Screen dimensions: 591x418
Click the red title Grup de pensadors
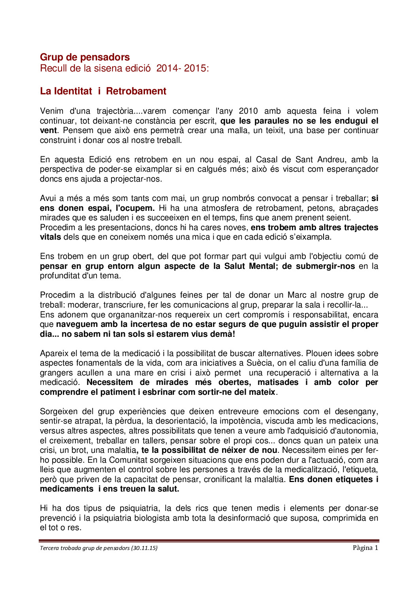click(x=85, y=57)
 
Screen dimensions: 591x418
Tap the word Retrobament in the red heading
click(x=136, y=91)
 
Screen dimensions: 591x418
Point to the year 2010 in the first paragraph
click(x=248, y=111)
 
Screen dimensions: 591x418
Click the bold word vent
click(x=48, y=131)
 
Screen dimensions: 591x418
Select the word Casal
click(x=267, y=159)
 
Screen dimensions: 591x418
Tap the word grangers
click(x=56, y=373)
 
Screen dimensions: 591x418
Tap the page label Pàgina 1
click(x=365, y=548)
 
